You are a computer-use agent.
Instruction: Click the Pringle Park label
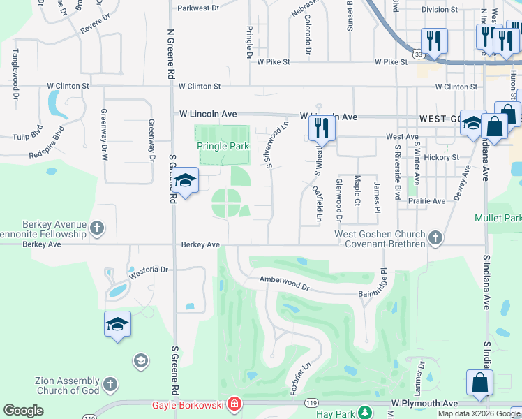tap(223, 147)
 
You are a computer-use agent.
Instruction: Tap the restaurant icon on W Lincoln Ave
tap(321, 128)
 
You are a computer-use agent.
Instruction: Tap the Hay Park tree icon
tap(363, 413)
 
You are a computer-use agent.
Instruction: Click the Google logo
tap(23, 411)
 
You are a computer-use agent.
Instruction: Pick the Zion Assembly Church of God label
tap(57, 385)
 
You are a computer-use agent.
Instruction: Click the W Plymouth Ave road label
tap(424, 404)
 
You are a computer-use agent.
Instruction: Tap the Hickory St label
tap(444, 157)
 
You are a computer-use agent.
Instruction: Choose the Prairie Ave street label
tap(430, 201)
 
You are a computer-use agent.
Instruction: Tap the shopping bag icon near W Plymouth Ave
tap(480, 383)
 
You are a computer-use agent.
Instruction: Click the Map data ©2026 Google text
tap(479, 413)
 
